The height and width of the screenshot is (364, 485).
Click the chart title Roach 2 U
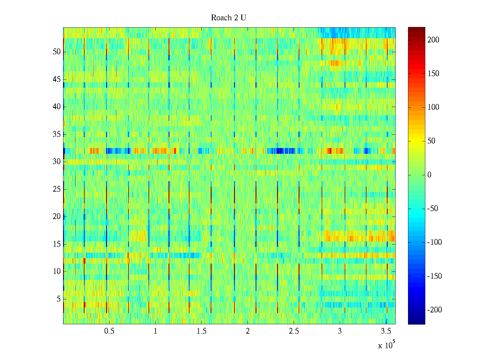point(228,18)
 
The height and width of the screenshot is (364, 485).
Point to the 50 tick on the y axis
point(57,52)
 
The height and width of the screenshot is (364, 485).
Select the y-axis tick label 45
point(57,79)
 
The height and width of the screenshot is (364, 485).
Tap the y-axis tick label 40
point(57,107)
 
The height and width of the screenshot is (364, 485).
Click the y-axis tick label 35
point(57,134)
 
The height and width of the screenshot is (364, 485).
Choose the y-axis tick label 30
point(57,162)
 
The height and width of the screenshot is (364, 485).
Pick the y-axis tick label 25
point(57,189)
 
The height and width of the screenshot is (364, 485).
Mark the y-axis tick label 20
point(57,217)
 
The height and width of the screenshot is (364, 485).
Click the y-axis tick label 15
point(57,244)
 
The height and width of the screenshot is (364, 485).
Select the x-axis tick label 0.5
point(109,331)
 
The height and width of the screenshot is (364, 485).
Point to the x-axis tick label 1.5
point(201,331)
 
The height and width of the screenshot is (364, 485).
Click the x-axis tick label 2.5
point(294,331)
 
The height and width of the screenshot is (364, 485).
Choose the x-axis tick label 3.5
point(386,331)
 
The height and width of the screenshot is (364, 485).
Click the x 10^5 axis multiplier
point(386,345)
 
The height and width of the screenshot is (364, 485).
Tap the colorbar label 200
point(433,40)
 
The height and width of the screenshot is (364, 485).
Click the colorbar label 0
point(429,175)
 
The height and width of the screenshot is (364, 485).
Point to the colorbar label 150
point(433,74)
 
